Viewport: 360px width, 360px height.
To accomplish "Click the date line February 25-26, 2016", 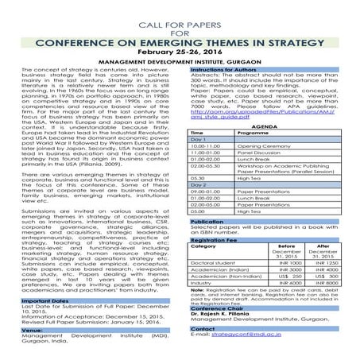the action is tap(180, 48).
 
